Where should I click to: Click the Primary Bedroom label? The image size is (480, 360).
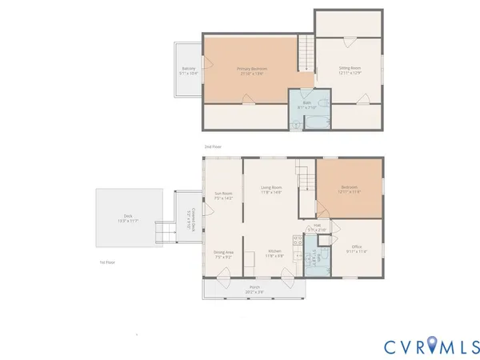(252, 70)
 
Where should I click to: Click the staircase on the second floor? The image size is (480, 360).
(306, 54)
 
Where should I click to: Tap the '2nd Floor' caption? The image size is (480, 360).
(212, 146)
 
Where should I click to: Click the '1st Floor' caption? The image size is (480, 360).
(107, 262)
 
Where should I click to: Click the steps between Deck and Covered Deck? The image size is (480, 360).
(166, 232)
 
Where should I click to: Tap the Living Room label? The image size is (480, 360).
(271, 190)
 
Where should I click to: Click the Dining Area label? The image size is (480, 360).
(223, 254)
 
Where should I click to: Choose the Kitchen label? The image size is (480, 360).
(274, 254)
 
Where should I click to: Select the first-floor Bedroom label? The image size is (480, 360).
(350, 190)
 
